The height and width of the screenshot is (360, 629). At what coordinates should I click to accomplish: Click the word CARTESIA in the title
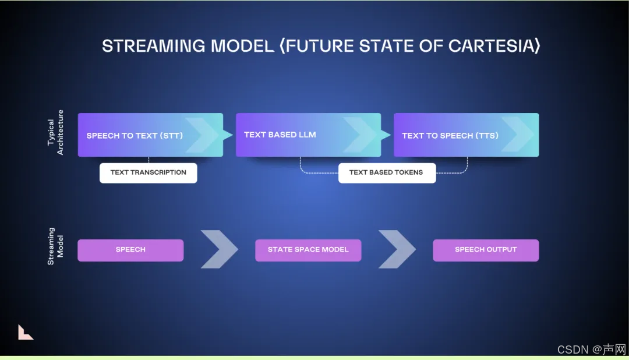coord(491,46)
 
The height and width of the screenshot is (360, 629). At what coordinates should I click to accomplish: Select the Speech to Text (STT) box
coord(142,135)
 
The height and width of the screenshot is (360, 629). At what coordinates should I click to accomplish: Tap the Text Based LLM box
coord(308,135)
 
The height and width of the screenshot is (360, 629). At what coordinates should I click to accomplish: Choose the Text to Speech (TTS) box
coord(466,135)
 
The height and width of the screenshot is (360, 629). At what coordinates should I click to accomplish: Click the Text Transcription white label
coord(148,172)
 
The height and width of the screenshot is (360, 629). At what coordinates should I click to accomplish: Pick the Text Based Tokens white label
coord(387,172)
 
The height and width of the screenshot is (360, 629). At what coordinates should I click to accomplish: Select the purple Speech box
coord(130,250)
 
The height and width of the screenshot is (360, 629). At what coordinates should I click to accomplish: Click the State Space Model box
coord(308,250)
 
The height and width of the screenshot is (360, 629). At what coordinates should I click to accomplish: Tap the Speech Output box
coord(486,250)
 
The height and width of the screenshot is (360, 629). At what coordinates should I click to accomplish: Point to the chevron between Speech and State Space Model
coord(219,249)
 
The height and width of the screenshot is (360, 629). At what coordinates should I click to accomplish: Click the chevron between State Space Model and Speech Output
coord(397,249)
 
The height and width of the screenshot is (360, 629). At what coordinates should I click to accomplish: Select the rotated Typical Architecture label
coord(55,133)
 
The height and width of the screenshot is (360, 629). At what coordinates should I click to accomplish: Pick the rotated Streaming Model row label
coord(55,246)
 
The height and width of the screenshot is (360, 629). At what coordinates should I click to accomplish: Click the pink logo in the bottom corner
coord(25,332)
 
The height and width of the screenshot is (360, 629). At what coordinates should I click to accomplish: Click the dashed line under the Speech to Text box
coord(149,160)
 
